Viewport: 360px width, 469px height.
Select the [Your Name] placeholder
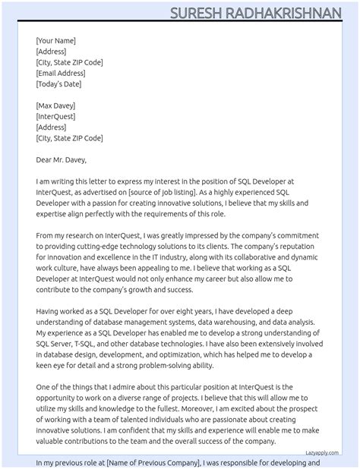pyautogui.click(x=55, y=40)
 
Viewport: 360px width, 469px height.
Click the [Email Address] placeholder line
pyautogui.click(x=61, y=73)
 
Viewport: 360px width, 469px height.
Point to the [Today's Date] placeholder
pyautogui.click(x=60, y=83)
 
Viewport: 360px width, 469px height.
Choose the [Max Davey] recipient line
pyautogui.click(x=55, y=105)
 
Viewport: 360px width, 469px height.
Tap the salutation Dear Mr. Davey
pyautogui.click(x=62, y=159)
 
